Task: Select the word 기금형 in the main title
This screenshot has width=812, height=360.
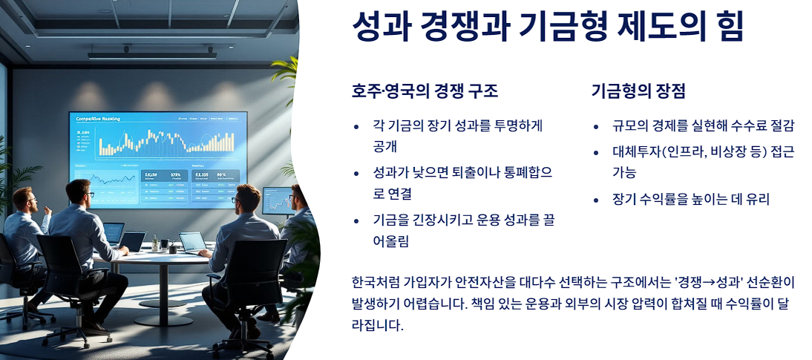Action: pos(553,28)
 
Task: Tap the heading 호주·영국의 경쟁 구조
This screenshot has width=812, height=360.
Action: pos(425,91)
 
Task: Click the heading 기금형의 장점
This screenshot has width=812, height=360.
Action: pos(638,91)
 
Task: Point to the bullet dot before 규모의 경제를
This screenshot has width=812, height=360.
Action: pos(596,127)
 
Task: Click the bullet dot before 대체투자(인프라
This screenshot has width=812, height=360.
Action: pos(596,153)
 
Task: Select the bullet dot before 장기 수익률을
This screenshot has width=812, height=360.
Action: pos(596,200)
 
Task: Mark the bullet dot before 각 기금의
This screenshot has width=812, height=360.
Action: pos(357,127)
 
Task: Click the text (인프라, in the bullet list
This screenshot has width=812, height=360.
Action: pos(693,152)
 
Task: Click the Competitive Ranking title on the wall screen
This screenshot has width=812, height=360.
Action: pos(98,119)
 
